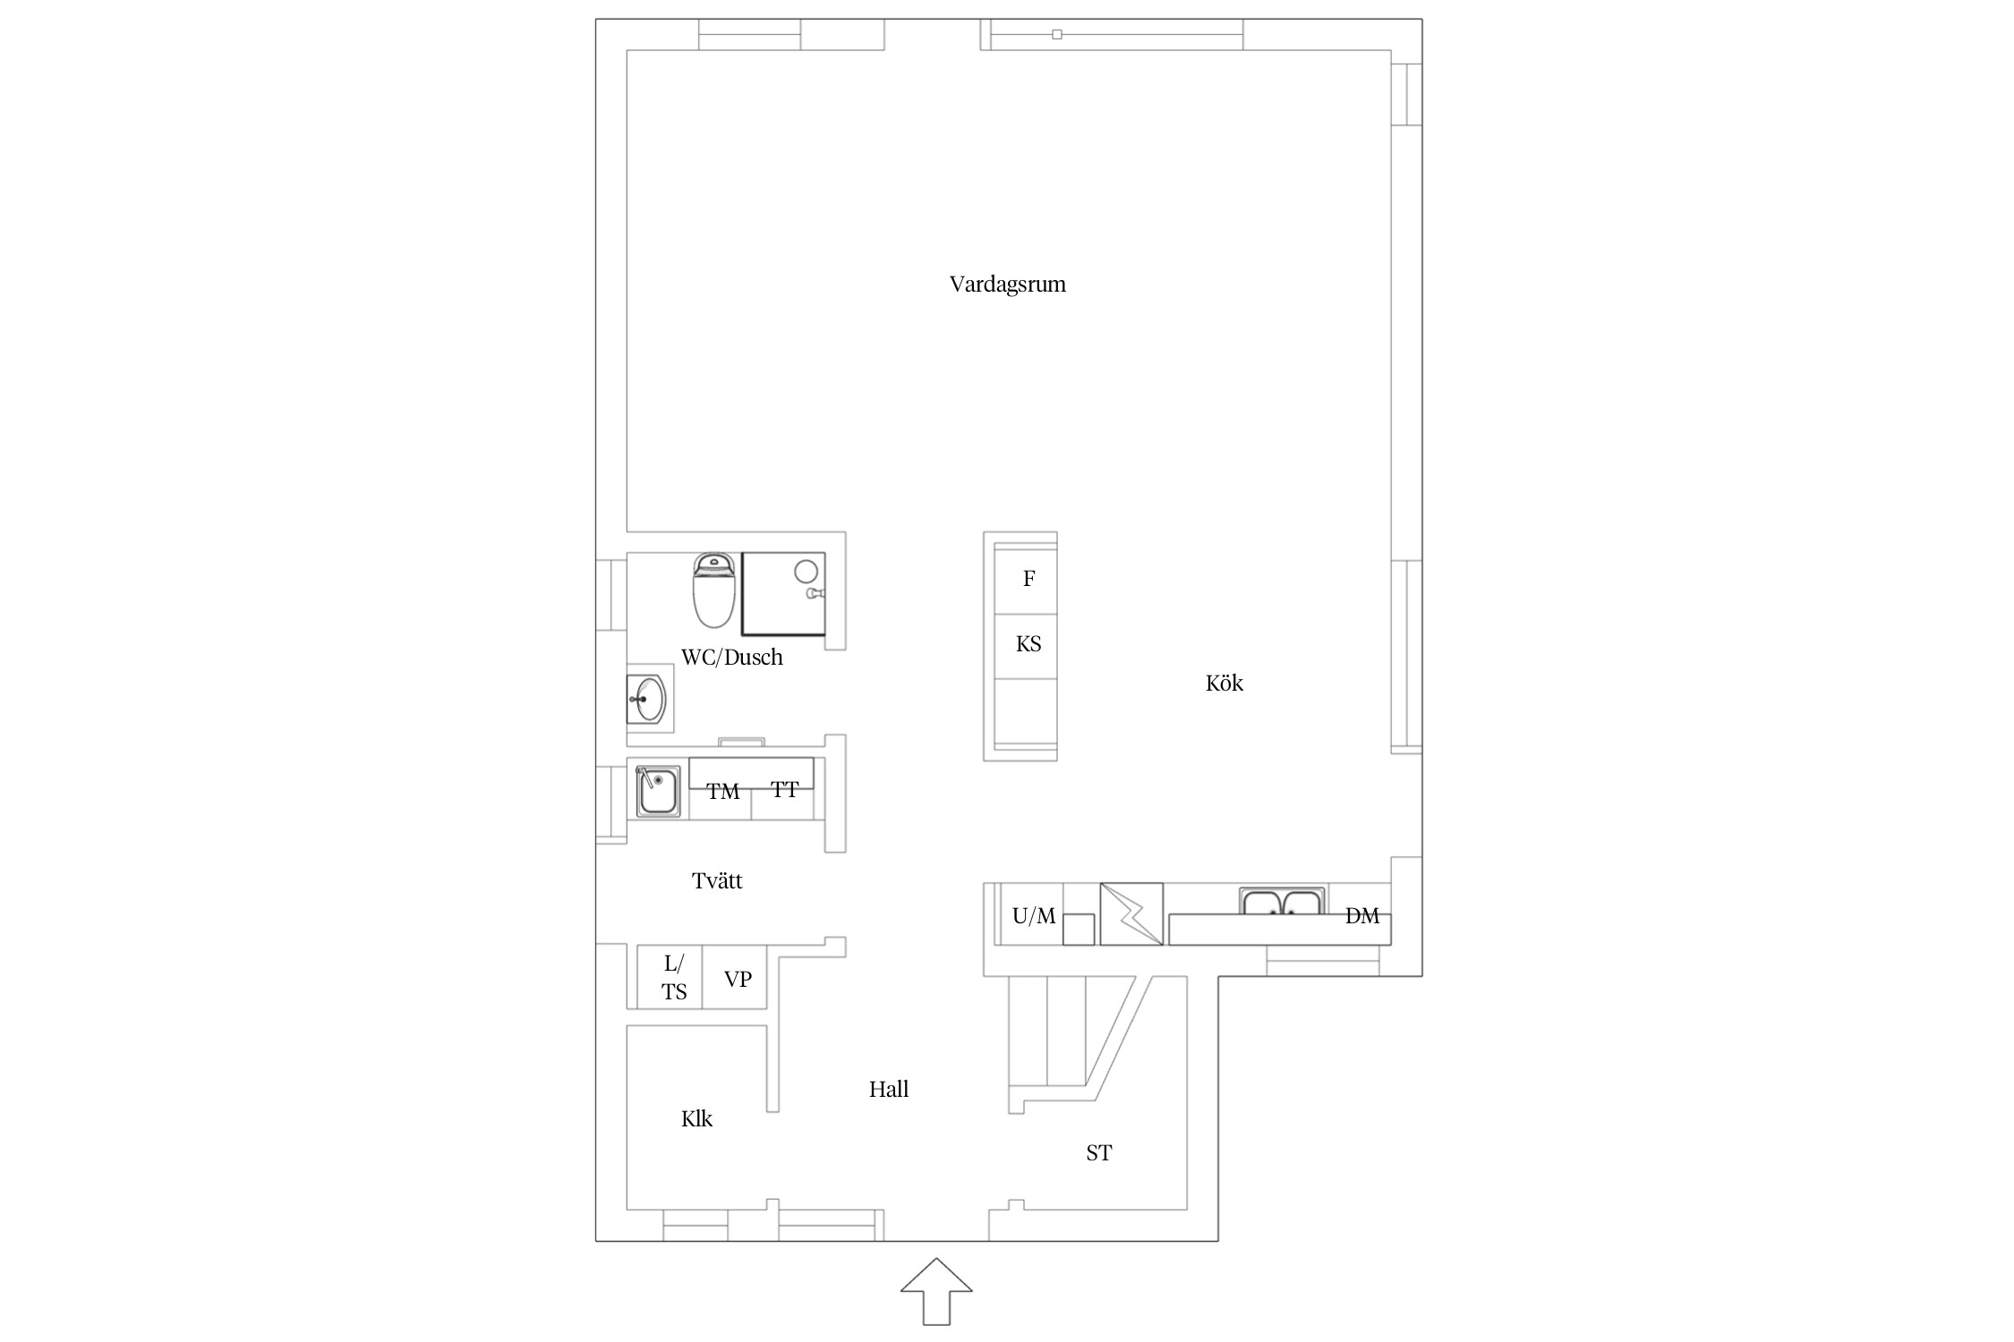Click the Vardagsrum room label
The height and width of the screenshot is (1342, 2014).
tap(1007, 285)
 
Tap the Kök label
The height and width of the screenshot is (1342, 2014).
tap(1224, 684)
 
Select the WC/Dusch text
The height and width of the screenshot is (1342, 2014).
tap(731, 658)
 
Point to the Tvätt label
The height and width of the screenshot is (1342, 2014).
tap(717, 881)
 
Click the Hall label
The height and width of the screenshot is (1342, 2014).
tap(888, 1090)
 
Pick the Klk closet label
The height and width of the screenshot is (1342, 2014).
tap(696, 1119)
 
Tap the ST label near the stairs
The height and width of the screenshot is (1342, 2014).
tap(1098, 1153)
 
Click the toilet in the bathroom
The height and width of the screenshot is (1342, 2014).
tap(714, 590)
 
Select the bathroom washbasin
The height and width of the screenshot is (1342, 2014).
tap(646, 699)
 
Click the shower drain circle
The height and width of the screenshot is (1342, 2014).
tap(806, 572)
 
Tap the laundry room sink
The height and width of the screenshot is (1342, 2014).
tap(658, 791)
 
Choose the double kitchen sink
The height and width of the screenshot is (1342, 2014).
tap(1282, 901)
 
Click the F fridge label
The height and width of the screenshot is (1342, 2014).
tap(1028, 579)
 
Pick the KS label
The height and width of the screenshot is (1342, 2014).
tap(1028, 644)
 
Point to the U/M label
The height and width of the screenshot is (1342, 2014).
tap(1034, 916)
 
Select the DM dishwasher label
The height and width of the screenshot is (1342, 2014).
tap(1362, 916)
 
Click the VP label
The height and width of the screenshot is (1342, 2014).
tap(738, 980)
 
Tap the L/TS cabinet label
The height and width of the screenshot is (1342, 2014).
tap(675, 978)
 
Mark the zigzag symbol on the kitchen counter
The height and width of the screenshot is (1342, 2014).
tap(1131, 914)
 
